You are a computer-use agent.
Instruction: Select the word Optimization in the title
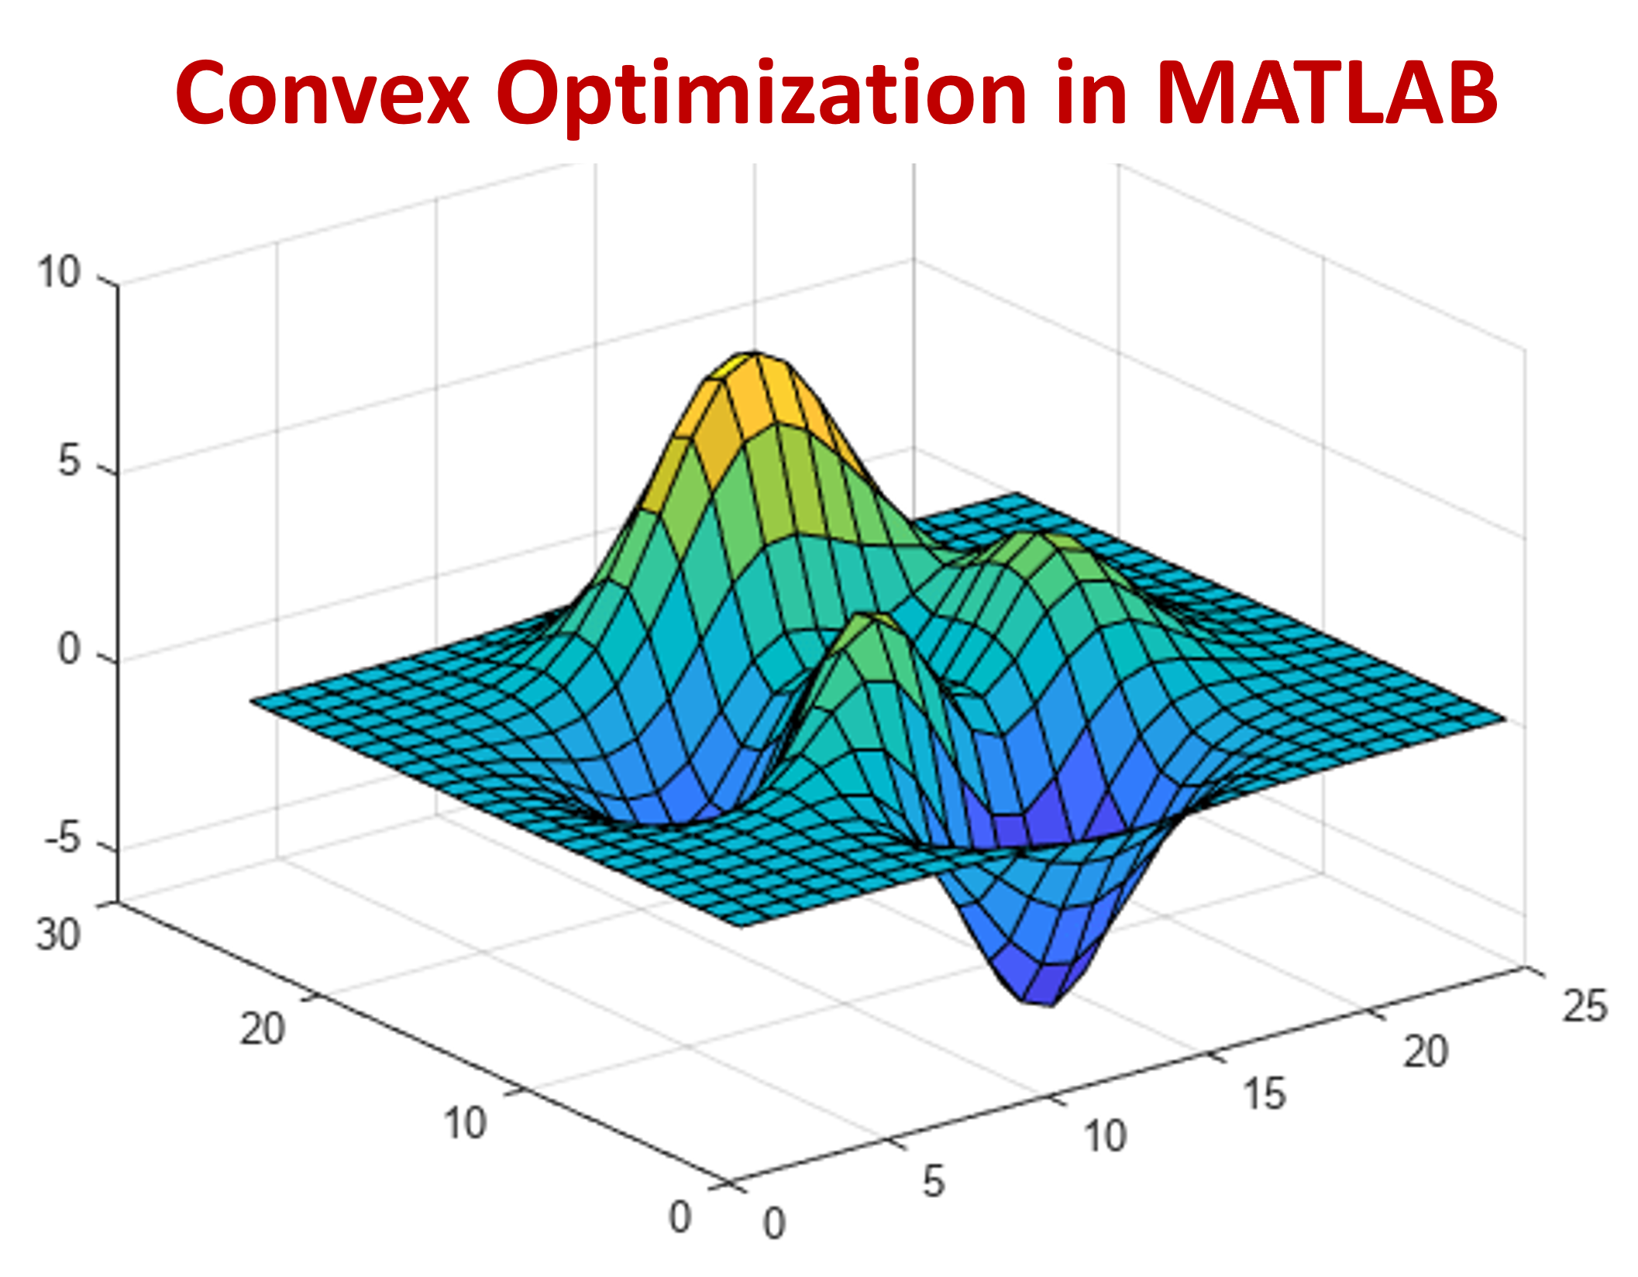pos(761,94)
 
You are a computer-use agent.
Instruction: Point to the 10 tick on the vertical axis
pos(59,273)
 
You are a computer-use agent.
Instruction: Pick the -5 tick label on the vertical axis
pos(62,837)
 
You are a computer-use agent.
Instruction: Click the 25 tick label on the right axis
pos(1585,1007)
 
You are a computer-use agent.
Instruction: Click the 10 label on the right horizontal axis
pos(1104,1137)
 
